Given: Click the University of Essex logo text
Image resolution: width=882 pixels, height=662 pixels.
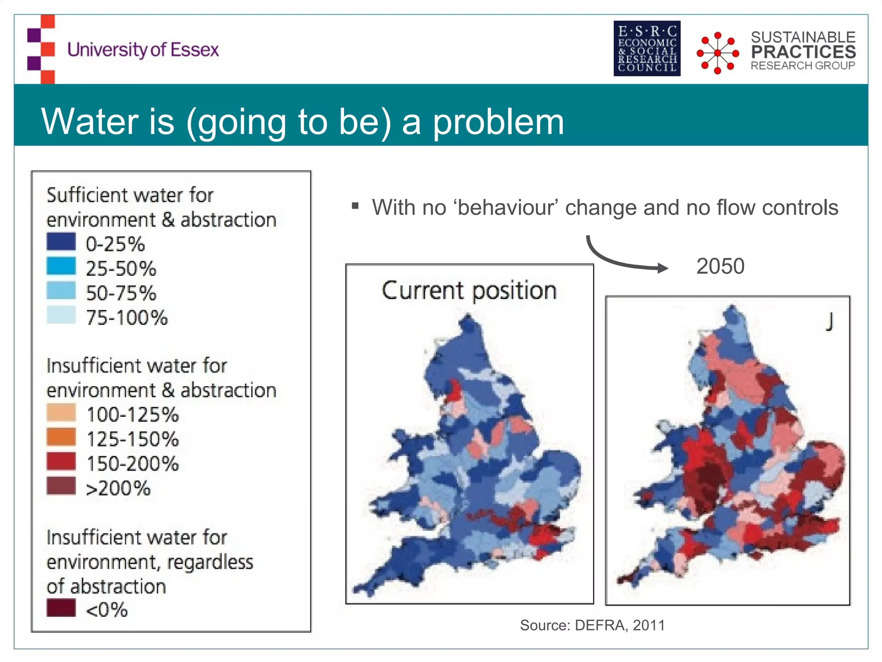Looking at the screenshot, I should (143, 50).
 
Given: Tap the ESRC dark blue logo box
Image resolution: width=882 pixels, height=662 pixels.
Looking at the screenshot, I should (647, 48).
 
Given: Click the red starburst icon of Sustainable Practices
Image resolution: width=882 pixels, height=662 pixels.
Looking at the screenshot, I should (717, 53).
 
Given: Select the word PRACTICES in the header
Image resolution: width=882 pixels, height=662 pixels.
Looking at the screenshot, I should (803, 52).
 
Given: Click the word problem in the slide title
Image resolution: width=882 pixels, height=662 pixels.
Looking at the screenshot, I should (498, 122).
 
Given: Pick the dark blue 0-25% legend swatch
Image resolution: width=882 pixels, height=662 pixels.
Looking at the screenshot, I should (61, 242).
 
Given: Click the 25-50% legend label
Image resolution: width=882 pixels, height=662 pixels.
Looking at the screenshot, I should (121, 269).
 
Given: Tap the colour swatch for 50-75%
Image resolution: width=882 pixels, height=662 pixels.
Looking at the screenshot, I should (61, 290).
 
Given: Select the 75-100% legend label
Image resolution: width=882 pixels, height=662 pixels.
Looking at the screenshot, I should (127, 318).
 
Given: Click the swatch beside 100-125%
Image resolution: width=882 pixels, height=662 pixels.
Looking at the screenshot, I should (61, 412).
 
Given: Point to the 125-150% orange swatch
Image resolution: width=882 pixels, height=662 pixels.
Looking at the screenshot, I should (61, 437).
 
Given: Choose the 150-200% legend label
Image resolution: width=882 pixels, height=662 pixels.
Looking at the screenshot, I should (133, 464).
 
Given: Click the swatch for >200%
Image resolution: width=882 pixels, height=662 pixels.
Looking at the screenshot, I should (61, 486).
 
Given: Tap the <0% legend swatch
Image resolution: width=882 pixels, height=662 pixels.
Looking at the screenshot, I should (61, 608).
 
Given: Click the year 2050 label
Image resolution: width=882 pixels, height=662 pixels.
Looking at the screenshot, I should (720, 266).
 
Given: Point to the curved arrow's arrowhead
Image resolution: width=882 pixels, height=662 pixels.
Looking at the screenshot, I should (663, 268).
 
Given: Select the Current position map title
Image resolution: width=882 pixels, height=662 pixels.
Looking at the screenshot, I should (469, 291).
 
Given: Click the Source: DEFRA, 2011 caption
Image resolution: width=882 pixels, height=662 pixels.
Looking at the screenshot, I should (592, 625).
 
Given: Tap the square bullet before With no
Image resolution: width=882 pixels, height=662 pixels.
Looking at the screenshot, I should (355, 206).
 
